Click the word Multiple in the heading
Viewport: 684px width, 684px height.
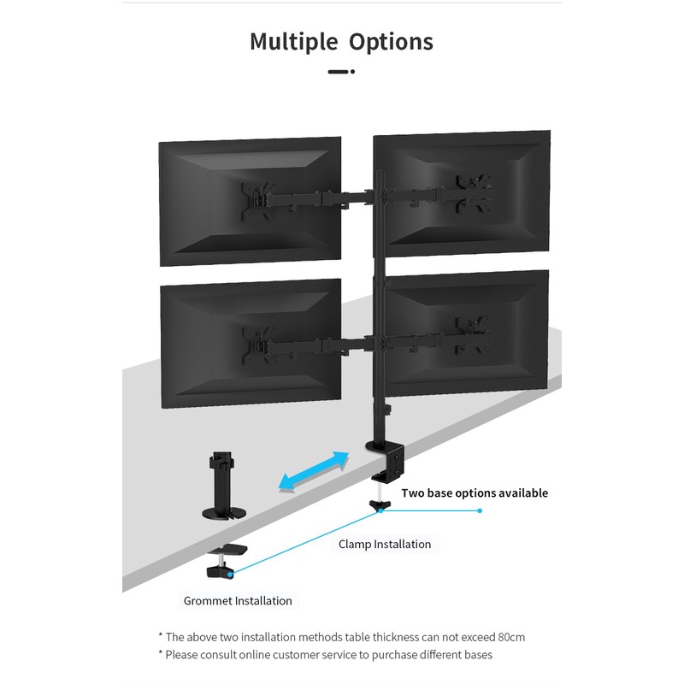pos(294,42)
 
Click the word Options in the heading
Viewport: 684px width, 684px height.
pos(391,42)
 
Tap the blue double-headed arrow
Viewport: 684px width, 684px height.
pos(314,472)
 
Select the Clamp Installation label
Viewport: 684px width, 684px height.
pos(385,544)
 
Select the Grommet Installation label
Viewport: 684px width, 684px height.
pos(238,601)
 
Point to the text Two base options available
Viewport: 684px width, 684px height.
pos(475,493)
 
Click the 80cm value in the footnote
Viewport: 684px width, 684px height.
pos(511,637)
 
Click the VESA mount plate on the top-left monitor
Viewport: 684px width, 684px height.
pos(258,201)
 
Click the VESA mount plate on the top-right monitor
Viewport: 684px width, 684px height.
pos(475,193)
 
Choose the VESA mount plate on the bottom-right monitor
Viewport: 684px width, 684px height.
pos(474,335)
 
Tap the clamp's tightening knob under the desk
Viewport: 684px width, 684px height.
pos(380,505)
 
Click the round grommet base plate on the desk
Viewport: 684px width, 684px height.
pos(224,513)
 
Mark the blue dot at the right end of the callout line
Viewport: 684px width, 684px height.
pos(480,510)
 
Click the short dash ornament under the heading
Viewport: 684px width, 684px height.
pos(341,72)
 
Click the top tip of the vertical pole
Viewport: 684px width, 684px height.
pos(380,171)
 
